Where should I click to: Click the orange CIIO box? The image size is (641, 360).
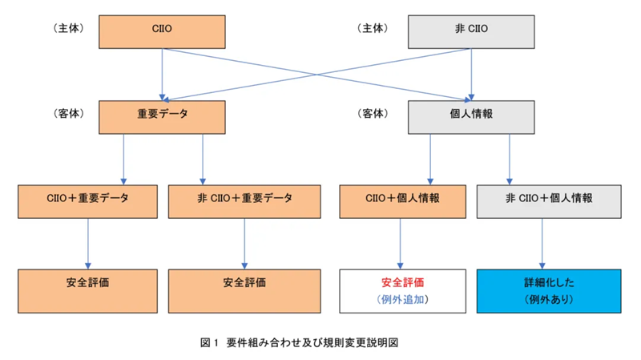(163, 31)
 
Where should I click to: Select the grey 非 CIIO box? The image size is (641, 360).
(470, 31)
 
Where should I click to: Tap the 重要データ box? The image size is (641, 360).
(163, 115)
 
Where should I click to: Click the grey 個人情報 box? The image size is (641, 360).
(470, 115)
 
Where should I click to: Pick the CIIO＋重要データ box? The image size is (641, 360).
(87, 200)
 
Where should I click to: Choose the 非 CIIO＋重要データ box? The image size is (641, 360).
(244, 200)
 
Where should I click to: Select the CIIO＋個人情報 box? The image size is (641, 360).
(401, 200)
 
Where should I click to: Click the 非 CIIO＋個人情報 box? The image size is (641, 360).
(549, 200)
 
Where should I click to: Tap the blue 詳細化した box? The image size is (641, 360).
(549, 290)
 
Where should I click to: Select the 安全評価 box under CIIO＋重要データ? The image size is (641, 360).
(87, 290)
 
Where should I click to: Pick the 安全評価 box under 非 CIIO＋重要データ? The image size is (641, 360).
(244, 290)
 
